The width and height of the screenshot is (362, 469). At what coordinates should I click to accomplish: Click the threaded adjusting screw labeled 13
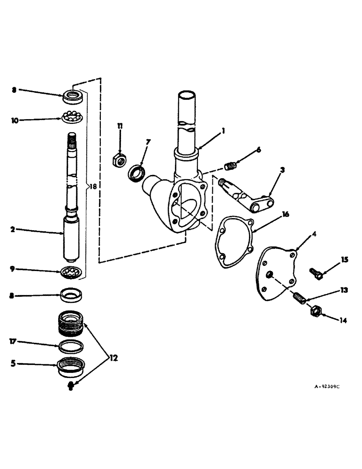tap(299, 297)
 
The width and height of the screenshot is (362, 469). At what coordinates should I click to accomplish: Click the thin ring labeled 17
tap(72, 347)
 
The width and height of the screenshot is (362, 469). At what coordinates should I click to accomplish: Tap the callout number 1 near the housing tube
tap(224, 132)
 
